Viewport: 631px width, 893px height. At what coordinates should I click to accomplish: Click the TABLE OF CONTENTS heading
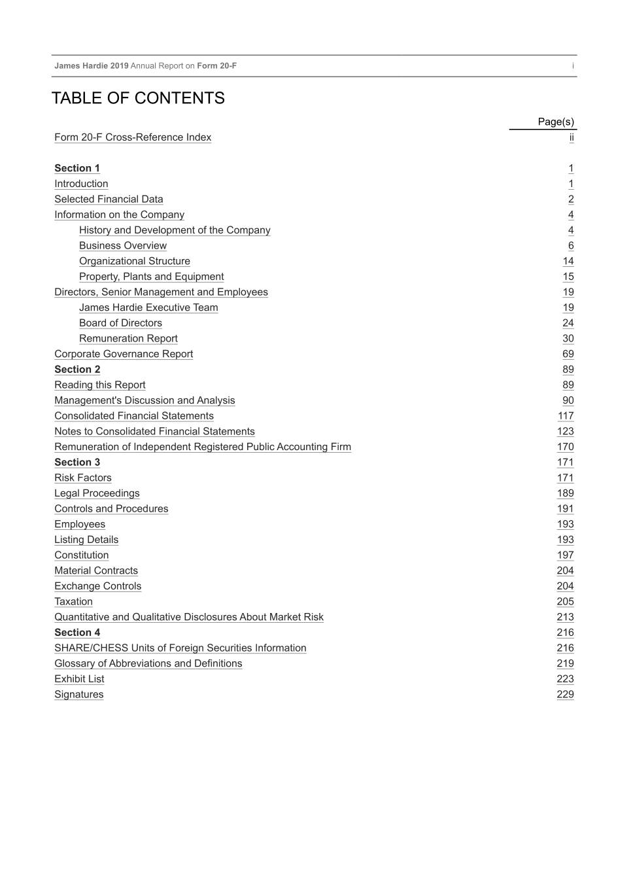[138, 98]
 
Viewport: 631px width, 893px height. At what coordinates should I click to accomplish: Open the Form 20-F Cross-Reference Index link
[133, 137]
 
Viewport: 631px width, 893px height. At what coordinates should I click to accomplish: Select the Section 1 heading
[77, 168]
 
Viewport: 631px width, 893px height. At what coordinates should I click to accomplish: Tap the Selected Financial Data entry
[109, 200]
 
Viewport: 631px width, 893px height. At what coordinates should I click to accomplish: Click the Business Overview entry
[123, 246]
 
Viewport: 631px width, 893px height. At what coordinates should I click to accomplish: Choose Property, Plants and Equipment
[151, 277]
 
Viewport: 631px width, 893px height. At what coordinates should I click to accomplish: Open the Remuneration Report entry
[128, 339]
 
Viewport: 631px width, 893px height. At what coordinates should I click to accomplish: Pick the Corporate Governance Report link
[124, 354]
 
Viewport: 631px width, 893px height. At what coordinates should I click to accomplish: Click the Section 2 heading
[77, 370]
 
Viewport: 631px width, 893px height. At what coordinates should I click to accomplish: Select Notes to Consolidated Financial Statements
[154, 432]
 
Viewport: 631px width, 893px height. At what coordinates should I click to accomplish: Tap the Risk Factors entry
[83, 478]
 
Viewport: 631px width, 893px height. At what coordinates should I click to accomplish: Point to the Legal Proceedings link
[97, 493]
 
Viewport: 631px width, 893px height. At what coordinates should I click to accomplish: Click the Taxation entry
[73, 602]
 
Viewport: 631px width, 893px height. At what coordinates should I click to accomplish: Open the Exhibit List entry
[79, 679]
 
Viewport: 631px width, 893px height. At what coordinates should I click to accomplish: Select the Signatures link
[78, 695]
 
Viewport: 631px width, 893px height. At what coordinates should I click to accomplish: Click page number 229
[565, 695]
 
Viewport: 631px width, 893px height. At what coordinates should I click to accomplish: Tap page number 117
[566, 416]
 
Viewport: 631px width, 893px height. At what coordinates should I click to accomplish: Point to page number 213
[565, 617]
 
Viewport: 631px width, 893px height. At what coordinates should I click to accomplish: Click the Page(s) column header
[556, 122]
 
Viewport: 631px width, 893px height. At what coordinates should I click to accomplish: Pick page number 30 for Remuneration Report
[568, 339]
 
